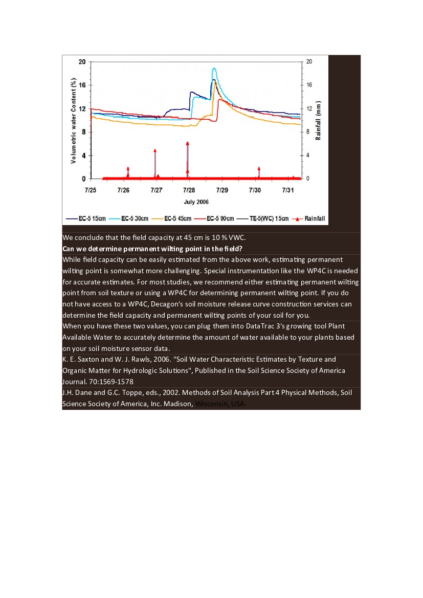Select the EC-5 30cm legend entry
point(135,218)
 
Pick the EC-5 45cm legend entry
point(177,218)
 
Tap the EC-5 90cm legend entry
point(220,218)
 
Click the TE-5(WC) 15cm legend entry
point(269,218)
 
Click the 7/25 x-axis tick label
point(91,190)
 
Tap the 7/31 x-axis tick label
point(287,190)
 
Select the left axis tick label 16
point(82,85)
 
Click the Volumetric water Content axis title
point(74,121)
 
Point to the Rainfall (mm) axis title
point(318,121)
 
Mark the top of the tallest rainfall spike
point(188,143)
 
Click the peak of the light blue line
point(214,68)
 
